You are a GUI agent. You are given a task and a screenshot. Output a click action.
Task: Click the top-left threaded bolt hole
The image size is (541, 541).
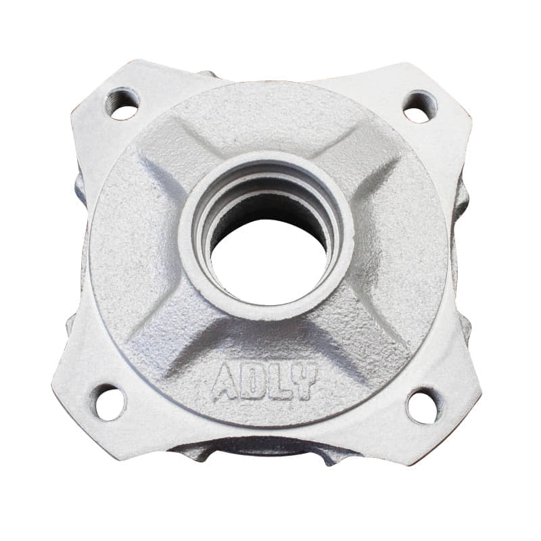coord(122,104)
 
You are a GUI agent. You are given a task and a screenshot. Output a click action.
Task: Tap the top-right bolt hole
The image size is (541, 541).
coord(420,107)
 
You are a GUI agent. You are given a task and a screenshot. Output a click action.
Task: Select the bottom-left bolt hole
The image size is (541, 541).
coord(108,402)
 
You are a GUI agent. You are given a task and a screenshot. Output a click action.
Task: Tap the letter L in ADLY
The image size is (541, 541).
coord(279,383)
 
